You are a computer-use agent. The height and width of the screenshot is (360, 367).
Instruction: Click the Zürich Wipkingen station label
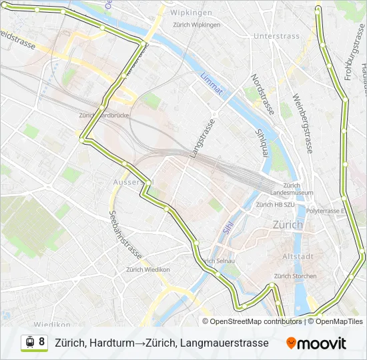[196, 25]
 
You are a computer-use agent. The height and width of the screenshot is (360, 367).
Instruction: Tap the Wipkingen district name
[191, 13]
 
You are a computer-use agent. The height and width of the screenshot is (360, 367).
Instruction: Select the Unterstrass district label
[277, 35]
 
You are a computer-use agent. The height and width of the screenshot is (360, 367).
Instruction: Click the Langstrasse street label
[203, 139]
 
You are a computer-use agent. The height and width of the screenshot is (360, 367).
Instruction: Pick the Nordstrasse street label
[262, 95]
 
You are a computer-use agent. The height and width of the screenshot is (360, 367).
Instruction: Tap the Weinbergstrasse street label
[302, 124]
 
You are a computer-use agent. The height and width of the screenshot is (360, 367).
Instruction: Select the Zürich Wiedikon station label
[148, 270]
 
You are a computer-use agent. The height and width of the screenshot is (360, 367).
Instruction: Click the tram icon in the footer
[30, 342]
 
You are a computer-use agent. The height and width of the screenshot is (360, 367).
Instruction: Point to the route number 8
[42, 342]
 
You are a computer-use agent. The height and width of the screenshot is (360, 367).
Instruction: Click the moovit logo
[316, 343]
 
